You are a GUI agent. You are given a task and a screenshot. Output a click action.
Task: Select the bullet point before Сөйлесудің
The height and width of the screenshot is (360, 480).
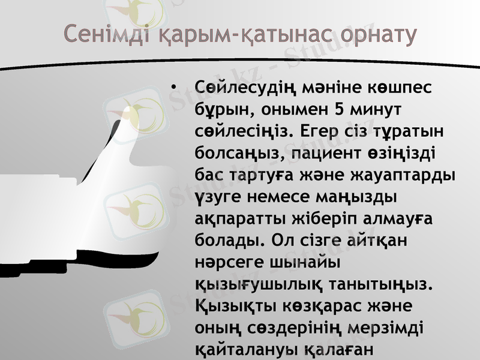tap(174, 89)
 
